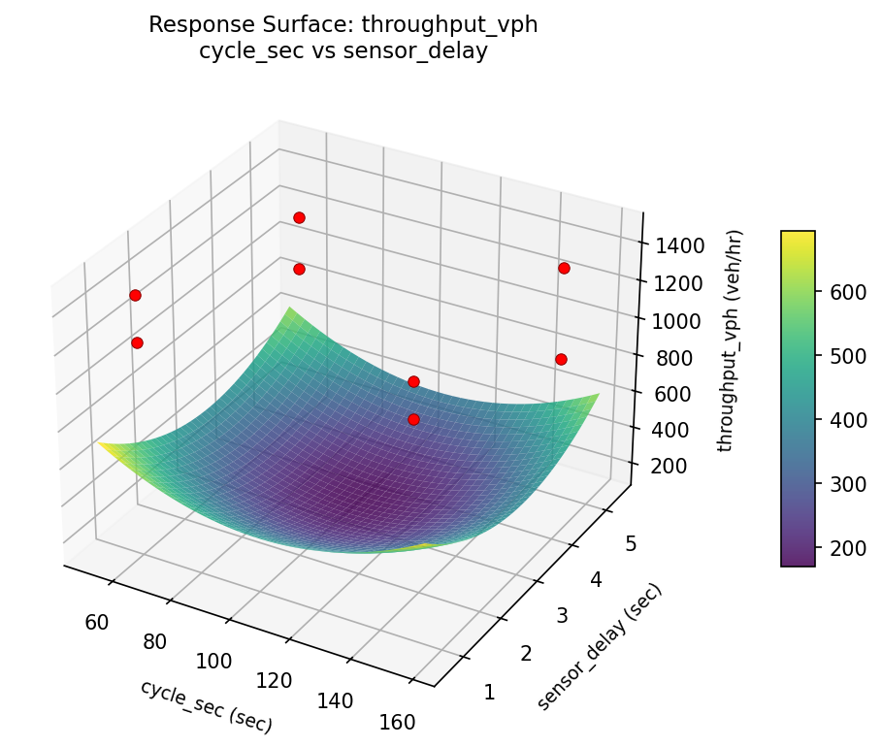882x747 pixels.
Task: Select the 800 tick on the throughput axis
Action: tap(671, 357)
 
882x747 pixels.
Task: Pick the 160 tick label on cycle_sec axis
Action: tap(396, 722)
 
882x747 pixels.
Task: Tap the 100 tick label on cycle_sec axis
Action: tap(213, 662)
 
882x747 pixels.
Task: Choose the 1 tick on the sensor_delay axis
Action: tap(489, 692)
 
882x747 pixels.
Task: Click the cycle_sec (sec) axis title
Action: tap(206, 706)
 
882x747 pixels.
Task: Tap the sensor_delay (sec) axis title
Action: tap(599, 647)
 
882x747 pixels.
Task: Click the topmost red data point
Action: tap(299, 217)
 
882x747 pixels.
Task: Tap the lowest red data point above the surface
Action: tap(413, 419)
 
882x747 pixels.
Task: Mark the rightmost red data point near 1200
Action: tap(564, 268)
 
